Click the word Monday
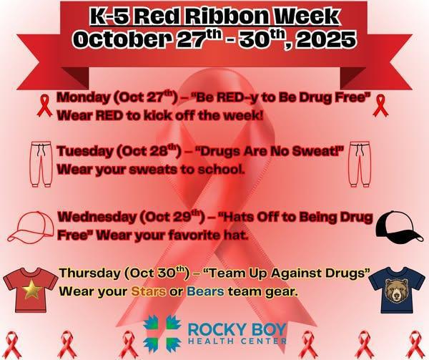pyautogui.click(x=81, y=97)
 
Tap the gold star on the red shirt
pyautogui.click(x=30, y=291)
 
